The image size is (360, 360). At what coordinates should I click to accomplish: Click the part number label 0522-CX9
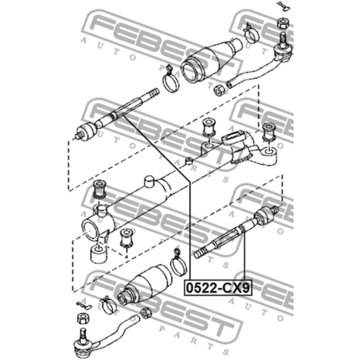click(218, 287)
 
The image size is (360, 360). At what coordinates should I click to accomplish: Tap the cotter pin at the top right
click(284, 6)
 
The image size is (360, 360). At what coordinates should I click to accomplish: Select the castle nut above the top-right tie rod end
click(283, 23)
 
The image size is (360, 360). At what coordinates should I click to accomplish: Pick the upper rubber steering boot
click(211, 60)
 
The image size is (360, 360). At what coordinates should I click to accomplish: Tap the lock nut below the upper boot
click(218, 91)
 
